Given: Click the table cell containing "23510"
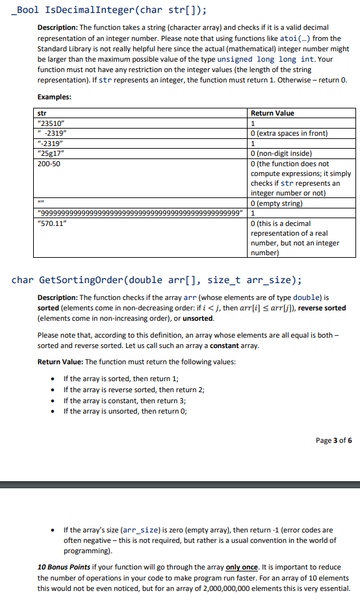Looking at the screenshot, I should point(51,123).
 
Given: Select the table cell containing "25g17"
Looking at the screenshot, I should point(51,153).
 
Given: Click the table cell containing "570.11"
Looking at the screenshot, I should point(53,223).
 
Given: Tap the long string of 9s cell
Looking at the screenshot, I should point(142,213).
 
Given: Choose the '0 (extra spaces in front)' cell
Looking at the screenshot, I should point(290,134).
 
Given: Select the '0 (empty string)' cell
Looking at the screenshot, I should point(279,203).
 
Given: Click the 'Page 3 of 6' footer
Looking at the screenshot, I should point(333,440).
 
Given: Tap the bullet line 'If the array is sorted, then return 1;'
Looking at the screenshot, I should point(120,378).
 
